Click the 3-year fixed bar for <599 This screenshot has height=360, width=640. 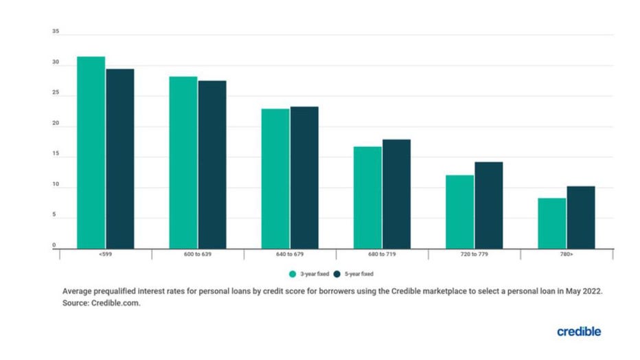pos(91,153)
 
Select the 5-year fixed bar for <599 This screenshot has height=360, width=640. pos(119,159)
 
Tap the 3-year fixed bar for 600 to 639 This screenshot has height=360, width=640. pos(183,162)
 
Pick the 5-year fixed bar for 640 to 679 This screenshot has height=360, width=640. pos(304,177)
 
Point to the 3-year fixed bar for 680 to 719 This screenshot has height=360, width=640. pos(367,197)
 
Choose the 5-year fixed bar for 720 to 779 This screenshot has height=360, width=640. pos(488,205)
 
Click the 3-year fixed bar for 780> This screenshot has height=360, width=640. pos(551,223)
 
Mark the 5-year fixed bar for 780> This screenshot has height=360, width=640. pos(580,217)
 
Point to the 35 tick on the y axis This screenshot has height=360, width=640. pos(55,32)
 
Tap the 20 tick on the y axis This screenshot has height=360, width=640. pos(55,124)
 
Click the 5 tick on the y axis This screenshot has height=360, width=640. pos(55,216)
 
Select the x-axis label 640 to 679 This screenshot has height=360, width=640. pos(290,255)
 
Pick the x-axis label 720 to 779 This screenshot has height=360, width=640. pos(475,255)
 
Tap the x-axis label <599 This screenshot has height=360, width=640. pos(106,255)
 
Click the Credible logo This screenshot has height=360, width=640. pos(578,332)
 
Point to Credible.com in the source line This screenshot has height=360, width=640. pos(116,302)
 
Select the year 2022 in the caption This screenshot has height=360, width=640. pos(591,291)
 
